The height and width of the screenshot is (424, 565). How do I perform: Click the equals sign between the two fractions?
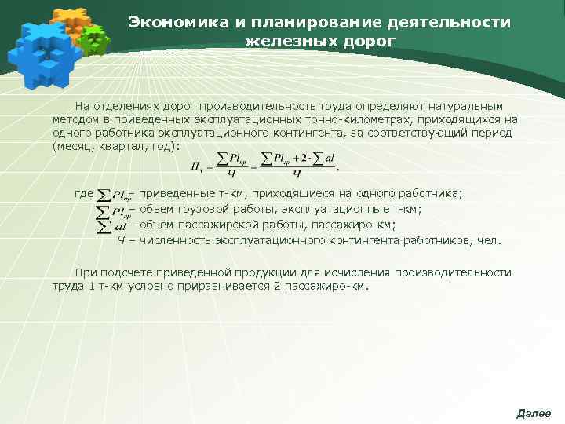[x=253, y=166]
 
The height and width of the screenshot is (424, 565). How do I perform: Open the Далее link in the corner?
[x=534, y=413]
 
